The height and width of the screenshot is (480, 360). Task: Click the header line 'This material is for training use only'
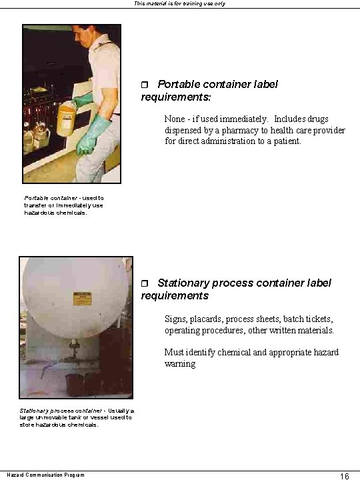tap(180, 3)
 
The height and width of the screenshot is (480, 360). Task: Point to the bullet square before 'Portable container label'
tap(146, 85)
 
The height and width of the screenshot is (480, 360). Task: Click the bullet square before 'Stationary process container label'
tap(146, 283)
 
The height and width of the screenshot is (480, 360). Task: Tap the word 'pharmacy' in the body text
tap(242, 131)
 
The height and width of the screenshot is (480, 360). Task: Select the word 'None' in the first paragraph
tap(176, 119)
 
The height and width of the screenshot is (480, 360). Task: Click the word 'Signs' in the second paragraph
tap(177, 319)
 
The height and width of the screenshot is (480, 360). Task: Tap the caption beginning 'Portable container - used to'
tap(63, 205)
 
